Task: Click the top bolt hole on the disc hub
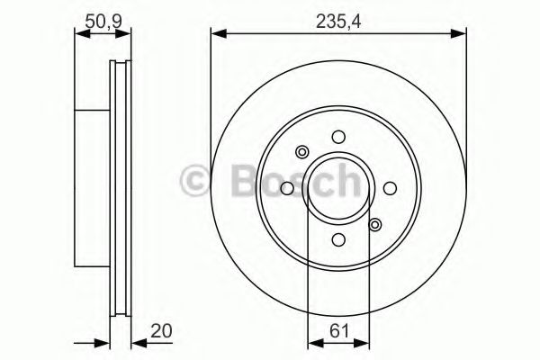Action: [338, 137]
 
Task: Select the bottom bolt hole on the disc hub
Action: [338, 240]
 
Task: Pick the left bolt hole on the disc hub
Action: [287, 188]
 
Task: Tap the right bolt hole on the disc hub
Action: [391, 188]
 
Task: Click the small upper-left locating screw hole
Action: [302, 152]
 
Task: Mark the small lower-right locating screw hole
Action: [375, 225]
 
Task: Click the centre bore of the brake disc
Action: [338, 188]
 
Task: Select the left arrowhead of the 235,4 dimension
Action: [217, 34]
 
